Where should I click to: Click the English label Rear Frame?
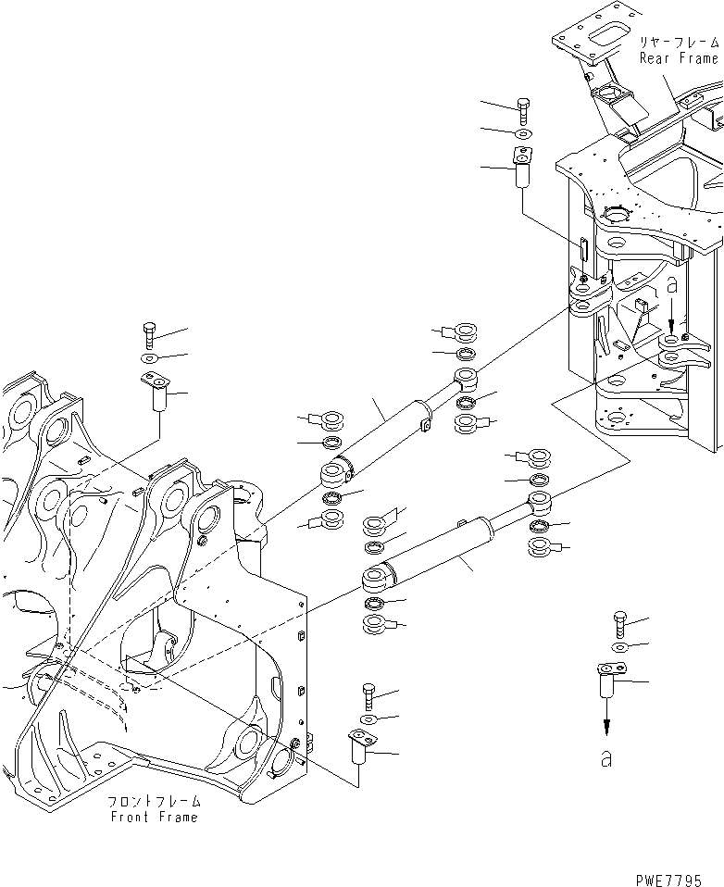[x=679, y=57]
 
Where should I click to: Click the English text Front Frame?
[x=154, y=818]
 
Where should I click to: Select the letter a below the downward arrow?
[x=606, y=758]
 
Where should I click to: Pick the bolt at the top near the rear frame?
[x=522, y=111]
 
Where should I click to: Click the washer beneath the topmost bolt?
[x=522, y=134]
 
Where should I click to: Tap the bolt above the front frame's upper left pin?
[x=151, y=333]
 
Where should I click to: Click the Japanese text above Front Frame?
[x=154, y=801]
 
